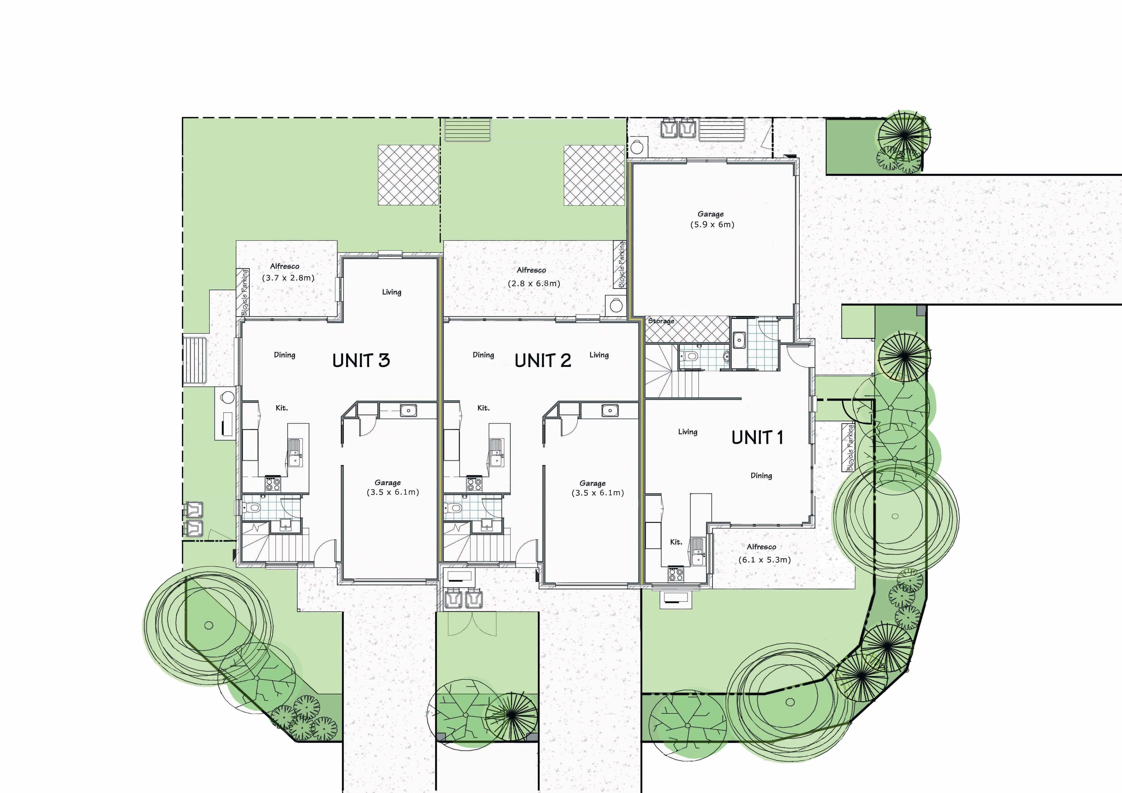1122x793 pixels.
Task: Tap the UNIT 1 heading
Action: [x=757, y=437]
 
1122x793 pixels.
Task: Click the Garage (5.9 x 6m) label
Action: [x=711, y=219]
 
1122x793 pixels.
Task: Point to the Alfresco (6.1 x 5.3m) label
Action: [x=764, y=553]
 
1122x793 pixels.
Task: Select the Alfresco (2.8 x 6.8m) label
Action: [x=533, y=277]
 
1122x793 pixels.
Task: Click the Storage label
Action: [x=661, y=321]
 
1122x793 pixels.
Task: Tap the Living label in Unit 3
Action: [x=392, y=292]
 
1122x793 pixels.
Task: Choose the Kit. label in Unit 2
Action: [x=483, y=408]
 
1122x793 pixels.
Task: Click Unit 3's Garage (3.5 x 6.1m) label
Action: [x=392, y=487]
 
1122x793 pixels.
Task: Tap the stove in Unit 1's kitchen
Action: [x=676, y=575]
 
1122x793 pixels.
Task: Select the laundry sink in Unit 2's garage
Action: [x=610, y=411]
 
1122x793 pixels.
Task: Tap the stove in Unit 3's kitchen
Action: [x=273, y=484]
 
